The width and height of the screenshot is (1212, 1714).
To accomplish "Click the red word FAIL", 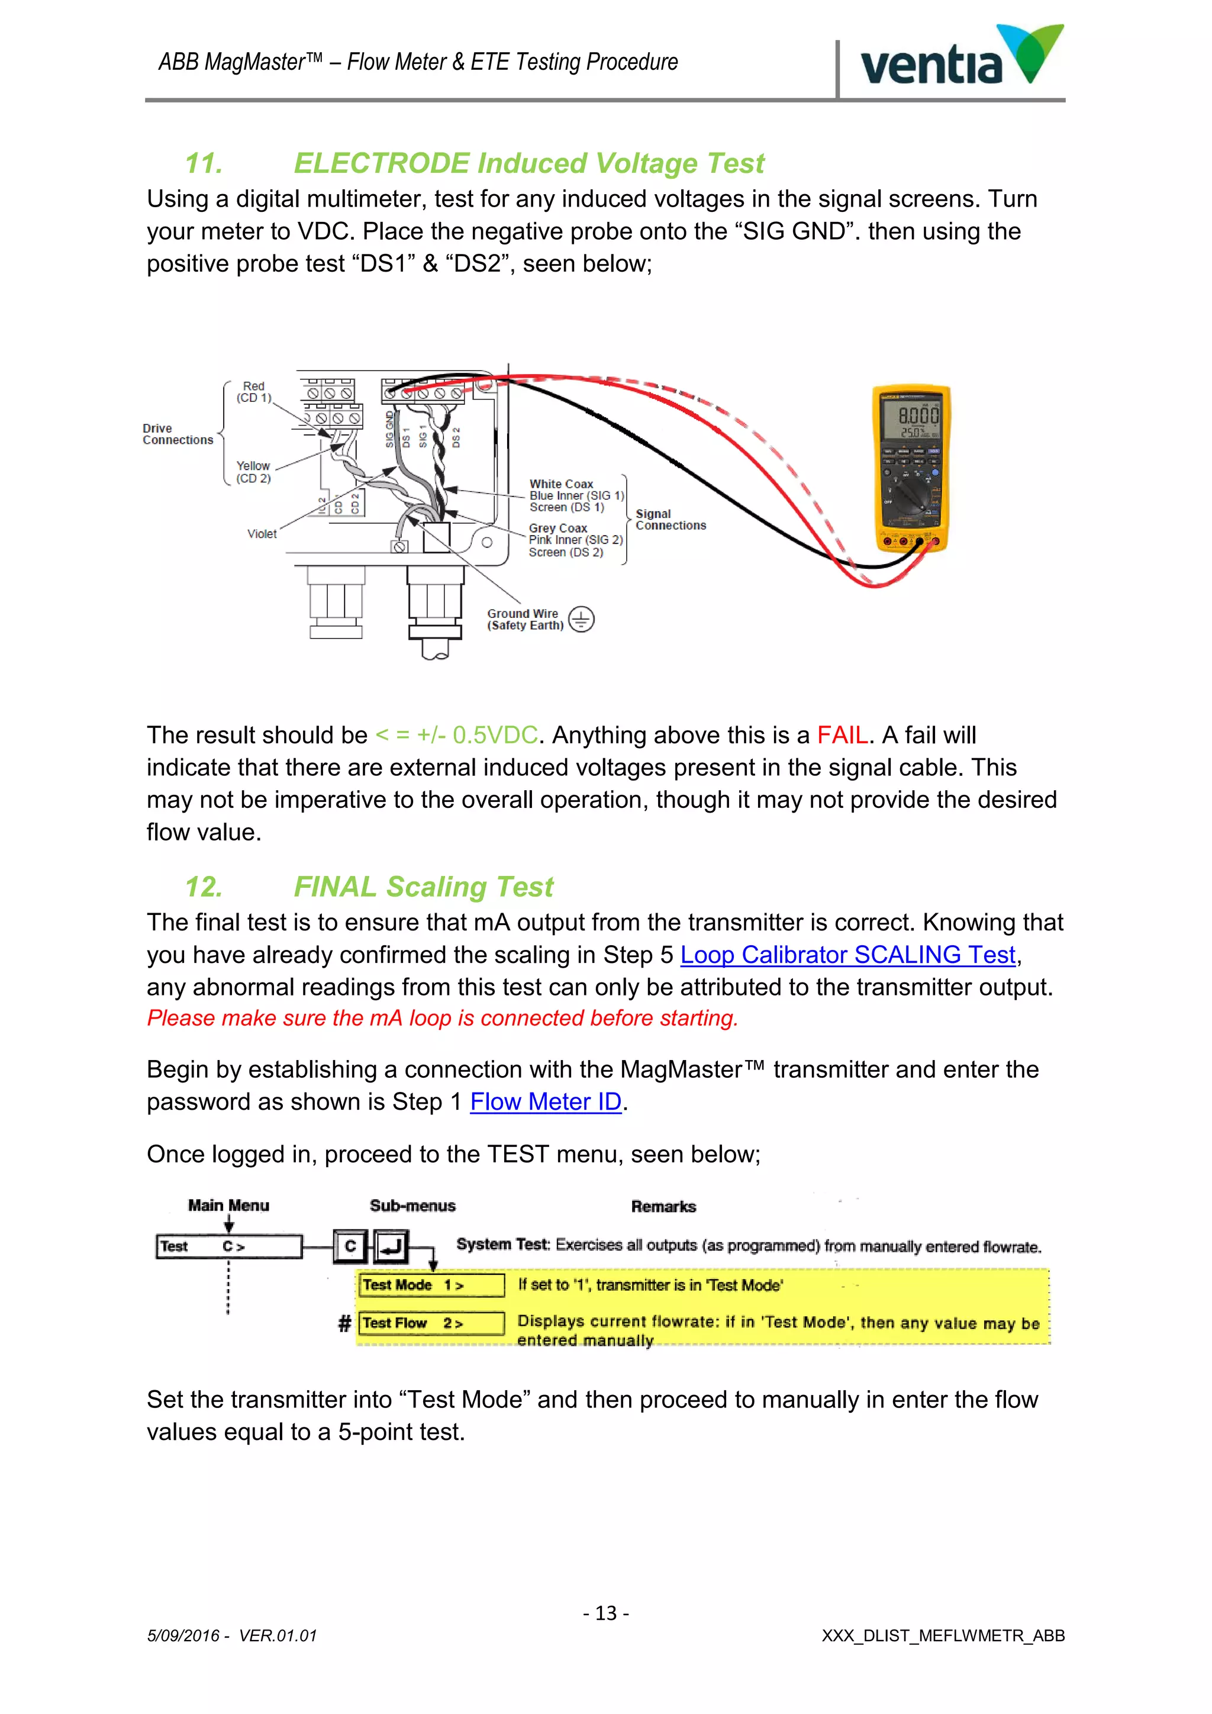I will (842, 735).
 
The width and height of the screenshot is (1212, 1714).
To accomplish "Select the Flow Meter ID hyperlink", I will (546, 1102).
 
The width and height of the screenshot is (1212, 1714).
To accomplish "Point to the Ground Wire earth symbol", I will (581, 620).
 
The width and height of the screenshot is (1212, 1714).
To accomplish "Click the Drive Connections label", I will (178, 434).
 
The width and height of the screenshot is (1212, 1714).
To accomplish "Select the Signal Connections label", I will (670, 520).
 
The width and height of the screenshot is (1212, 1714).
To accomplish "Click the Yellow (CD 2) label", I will (253, 472).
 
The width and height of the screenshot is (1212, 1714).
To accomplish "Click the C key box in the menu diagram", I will (350, 1246).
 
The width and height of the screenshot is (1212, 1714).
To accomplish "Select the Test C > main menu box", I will (228, 1246).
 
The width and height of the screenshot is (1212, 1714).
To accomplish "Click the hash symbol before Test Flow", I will (344, 1323).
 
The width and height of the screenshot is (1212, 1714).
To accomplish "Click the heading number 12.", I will (203, 887).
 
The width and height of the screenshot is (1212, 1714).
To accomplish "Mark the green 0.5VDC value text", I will (494, 735).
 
